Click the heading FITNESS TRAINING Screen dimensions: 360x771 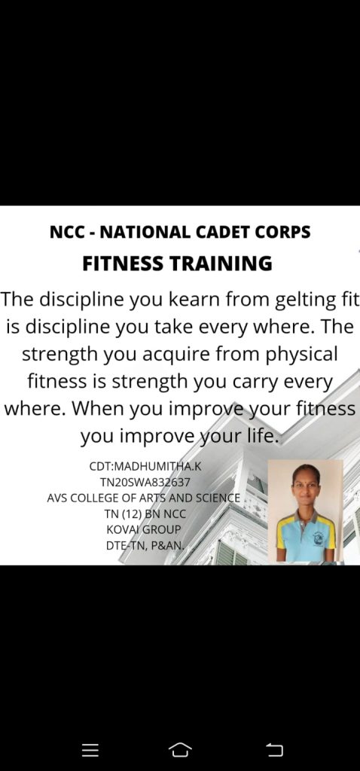(177, 264)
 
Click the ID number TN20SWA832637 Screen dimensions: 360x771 (145, 483)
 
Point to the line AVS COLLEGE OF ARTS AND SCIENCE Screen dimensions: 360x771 (144, 498)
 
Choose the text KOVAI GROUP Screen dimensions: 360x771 (144, 529)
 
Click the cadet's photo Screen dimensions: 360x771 (305, 510)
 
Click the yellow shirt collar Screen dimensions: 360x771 (305, 517)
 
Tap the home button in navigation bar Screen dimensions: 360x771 (180, 750)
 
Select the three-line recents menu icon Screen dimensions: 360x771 (90, 750)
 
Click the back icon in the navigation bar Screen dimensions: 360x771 (274, 750)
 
